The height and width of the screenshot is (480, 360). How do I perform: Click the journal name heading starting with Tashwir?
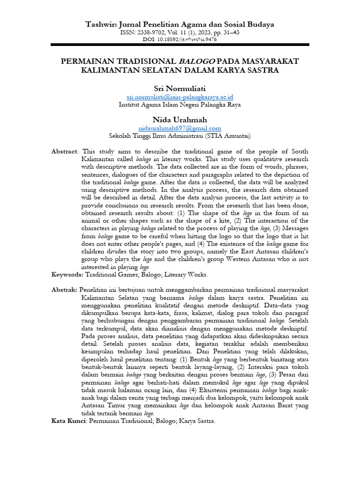click(x=180, y=25)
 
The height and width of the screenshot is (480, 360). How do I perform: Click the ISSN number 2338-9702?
click(x=153, y=33)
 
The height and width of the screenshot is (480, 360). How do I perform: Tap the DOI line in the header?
click(x=180, y=39)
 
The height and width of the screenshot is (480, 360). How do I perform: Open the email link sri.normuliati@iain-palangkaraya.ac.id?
click(x=180, y=97)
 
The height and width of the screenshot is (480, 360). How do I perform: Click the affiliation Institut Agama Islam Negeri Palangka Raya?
click(x=180, y=105)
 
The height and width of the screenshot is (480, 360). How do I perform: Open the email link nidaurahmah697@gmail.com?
click(x=180, y=128)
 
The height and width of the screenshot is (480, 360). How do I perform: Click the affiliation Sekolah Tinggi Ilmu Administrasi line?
click(x=180, y=136)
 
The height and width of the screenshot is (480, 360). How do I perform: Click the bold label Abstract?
click(x=65, y=151)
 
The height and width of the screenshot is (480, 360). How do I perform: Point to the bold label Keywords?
click(x=67, y=274)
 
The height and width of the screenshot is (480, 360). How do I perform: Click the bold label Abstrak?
click(x=64, y=290)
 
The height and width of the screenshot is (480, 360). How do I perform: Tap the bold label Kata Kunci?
click(x=68, y=421)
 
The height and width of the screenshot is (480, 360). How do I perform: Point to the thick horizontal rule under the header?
click(x=180, y=45)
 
